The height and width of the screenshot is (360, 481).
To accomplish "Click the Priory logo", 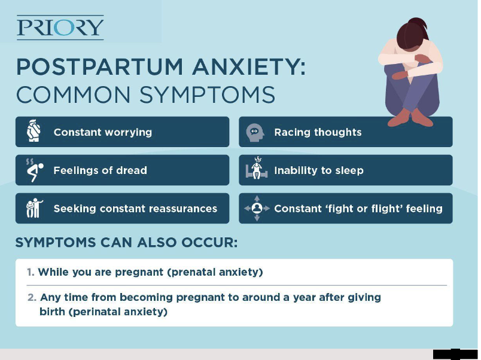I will [60, 28].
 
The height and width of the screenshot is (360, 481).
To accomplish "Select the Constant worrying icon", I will [34, 132].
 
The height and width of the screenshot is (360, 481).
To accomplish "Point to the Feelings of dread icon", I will [34, 170].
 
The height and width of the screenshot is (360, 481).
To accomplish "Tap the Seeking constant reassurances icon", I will [33, 208].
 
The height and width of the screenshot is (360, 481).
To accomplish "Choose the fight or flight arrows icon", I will [257, 208].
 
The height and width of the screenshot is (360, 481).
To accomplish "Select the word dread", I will [132, 170].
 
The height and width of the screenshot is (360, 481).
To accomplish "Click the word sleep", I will [349, 170].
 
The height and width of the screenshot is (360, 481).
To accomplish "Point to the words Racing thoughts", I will [318, 132].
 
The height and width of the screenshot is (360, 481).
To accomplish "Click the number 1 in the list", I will [30, 272].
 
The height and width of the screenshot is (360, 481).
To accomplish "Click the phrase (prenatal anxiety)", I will [215, 272].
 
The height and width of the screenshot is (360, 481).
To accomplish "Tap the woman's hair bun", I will [421, 27].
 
